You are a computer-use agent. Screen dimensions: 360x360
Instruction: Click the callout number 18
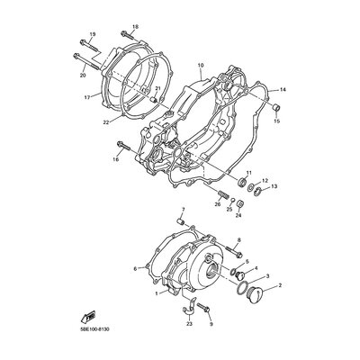[x=135, y=27]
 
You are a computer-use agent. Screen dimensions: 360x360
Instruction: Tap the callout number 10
[x=201, y=65]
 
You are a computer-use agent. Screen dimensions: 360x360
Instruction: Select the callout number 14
[x=283, y=90]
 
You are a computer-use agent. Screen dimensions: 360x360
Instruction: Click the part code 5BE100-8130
[x=94, y=329]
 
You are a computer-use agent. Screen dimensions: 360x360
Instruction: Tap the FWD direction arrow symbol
[x=88, y=317]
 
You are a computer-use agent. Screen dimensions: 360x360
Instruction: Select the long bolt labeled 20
[x=85, y=62]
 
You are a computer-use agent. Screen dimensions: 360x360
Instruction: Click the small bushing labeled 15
[x=276, y=107]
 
